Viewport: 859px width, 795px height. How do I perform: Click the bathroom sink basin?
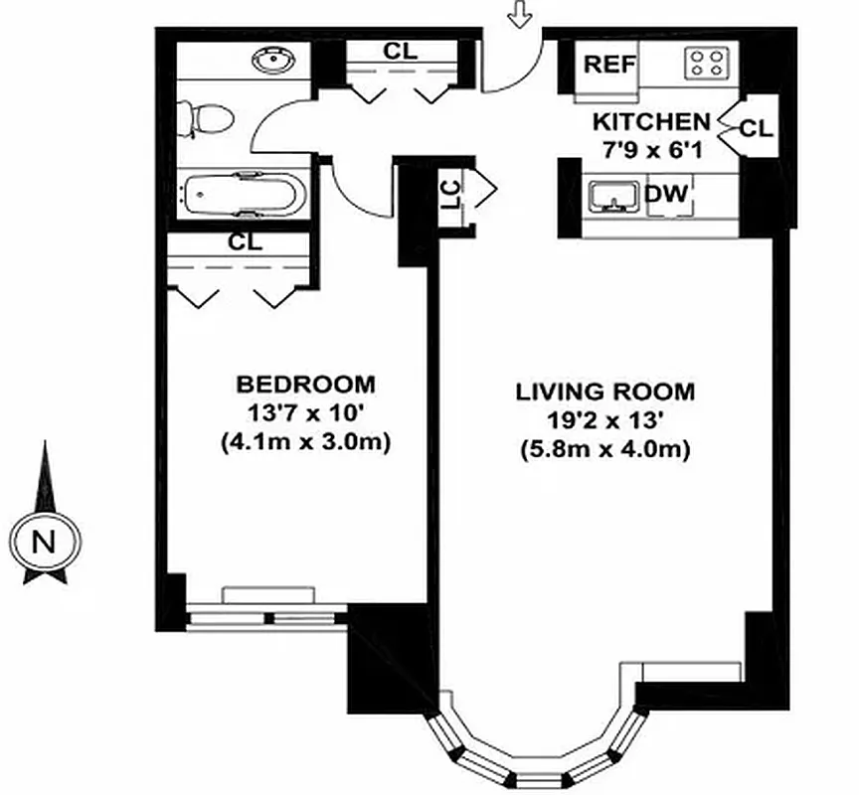coord(269,63)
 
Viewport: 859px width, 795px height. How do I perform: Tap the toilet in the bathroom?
coord(210,120)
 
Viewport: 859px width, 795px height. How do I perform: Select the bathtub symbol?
coord(243,194)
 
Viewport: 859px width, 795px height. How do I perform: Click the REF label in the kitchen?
coord(608,65)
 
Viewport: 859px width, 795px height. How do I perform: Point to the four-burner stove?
coord(709,64)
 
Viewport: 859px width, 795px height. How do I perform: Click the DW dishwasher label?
coord(665,194)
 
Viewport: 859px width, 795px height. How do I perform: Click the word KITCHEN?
coord(651,122)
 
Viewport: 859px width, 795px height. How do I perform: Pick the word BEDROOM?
coord(305,384)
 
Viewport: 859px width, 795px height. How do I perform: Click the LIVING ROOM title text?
coord(604,391)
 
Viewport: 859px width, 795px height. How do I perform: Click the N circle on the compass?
coord(42,543)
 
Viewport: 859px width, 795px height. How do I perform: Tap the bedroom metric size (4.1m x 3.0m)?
coord(305,442)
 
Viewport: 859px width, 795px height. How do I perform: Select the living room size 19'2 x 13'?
coord(604,419)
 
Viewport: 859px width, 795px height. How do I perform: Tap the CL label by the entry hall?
coord(401,53)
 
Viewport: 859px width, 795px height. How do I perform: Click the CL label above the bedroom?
coord(244,242)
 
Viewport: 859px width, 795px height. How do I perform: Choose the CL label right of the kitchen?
coord(757,128)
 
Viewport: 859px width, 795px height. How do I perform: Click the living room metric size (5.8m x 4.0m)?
coord(604,449)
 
